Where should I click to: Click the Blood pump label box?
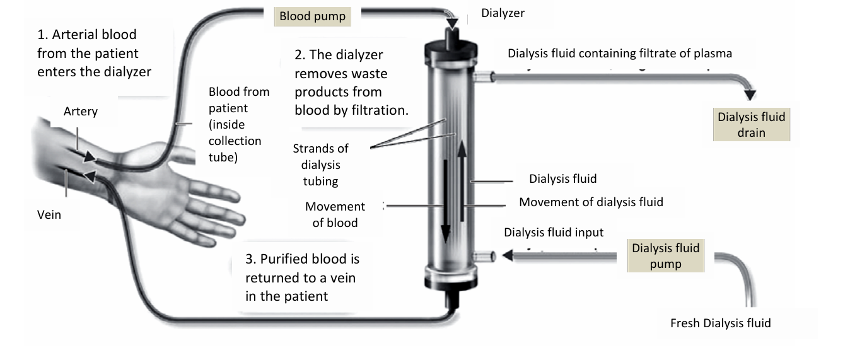tap(312, 16)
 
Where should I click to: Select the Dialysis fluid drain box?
tap(751, 125)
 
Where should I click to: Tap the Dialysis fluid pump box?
tap(665, 255)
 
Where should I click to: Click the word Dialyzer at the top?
tap(503, 13)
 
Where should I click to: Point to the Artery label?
tap(81, 112)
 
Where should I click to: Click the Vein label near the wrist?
tap(49, 214)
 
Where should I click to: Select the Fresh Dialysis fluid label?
tap(720, 323)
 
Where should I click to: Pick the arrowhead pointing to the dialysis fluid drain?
tap(750, 95)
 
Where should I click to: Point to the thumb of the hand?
tap(183, 151)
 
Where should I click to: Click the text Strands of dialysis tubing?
tap(320, 165)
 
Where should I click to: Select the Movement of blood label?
tap(335, 214)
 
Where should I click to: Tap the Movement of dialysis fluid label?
tap(591, 202)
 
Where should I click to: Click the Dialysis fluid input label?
tap(553, 232)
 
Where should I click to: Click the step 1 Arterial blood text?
tap(94, 53)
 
